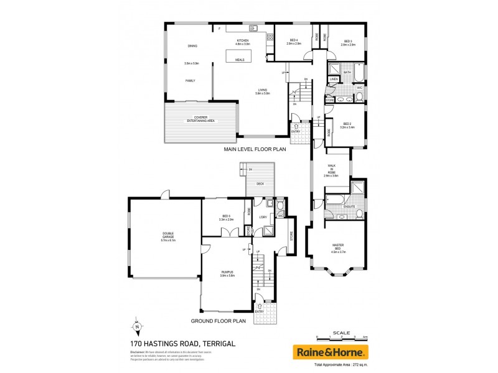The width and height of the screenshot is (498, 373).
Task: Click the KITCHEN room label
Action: click(242, 40)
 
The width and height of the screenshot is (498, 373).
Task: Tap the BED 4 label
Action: click(294, 40)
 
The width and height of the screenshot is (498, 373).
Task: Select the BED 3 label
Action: click(348, 40)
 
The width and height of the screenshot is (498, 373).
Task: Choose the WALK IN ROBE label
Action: click(331, 170)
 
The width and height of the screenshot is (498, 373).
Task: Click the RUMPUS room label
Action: click(227, 274)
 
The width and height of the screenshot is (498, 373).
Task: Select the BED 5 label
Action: click(226, 217)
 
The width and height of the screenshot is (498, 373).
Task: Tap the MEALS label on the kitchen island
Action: click(240, 60)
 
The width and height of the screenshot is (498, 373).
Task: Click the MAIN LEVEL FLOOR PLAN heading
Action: click(255, 150)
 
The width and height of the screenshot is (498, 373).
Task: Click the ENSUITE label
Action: click(349, 206)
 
